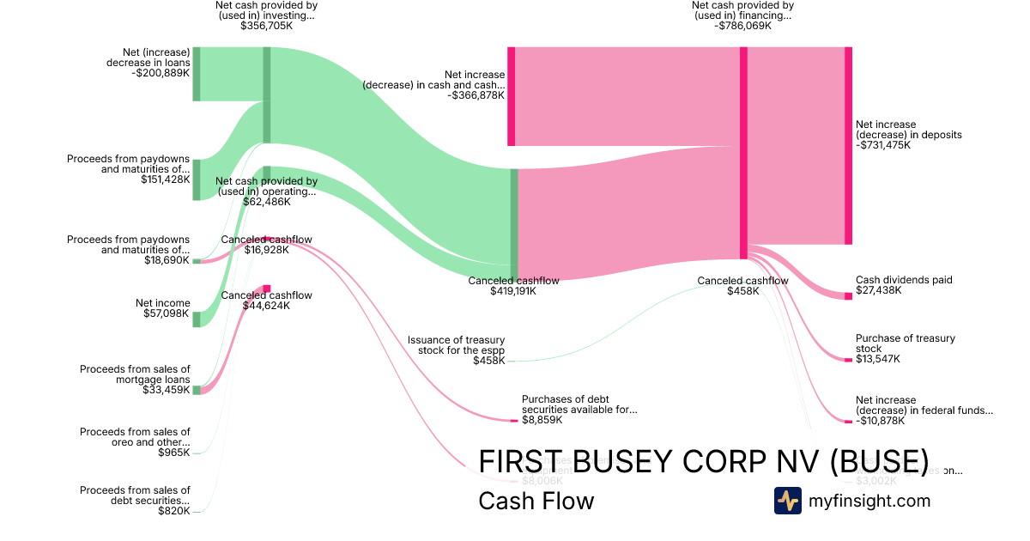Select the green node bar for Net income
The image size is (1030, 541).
(196, 319)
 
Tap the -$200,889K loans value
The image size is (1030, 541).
(161, 73)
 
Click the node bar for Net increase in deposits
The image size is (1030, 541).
(848, 146)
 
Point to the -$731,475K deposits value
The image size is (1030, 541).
(883, 145)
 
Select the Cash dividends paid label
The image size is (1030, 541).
(904, 280)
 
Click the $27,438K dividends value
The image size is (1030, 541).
(878, 291)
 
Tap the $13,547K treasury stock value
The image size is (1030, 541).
(878, 359)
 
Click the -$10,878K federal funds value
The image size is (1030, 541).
(881, 421)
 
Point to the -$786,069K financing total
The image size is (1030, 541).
(742, 26)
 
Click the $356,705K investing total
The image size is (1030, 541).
(266, 26)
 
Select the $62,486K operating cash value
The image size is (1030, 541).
(266, 202)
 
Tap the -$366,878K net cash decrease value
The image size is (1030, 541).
(476, 95)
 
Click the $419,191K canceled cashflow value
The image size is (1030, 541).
(513, 291)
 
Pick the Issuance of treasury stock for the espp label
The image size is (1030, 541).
(456, 344)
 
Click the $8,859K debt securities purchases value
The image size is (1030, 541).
(542, 420)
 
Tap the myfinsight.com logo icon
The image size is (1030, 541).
(788, 501)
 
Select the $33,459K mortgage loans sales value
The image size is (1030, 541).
(167, 390)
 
